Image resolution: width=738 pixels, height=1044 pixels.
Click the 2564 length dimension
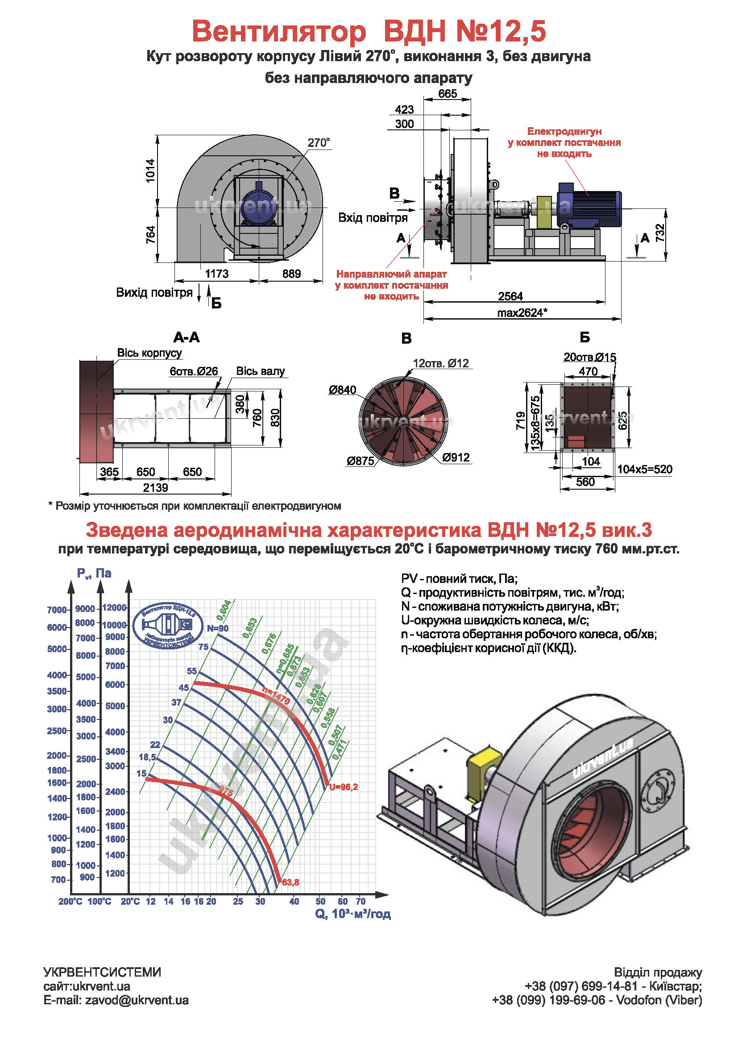tap(510, 296)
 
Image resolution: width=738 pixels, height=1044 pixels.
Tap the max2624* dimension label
tap(522, 313)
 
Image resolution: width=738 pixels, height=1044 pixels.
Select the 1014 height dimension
tap(150, 171)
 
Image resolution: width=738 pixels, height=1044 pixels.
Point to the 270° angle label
tap(319, 143)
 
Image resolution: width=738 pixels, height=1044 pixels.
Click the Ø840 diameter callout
tap(343, 390)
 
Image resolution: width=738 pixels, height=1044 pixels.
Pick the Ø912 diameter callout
tap(456, 458)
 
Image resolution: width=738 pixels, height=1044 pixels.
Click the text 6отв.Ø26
tap(194, 371)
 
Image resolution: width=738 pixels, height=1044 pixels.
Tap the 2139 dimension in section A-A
tap(155, 488)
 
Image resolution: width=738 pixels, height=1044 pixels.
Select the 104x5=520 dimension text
tap(644, 469)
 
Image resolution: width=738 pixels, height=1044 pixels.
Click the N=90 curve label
tap(218, 628)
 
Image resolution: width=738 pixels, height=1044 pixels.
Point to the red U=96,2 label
tap(344, 787)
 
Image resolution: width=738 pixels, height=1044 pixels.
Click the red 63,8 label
tap(290, 882)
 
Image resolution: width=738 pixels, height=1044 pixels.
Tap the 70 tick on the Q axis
tap(361, 901)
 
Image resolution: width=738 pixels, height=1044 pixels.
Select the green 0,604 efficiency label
tap(224, 610)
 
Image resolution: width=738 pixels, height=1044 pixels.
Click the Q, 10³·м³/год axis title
tap(352, 914)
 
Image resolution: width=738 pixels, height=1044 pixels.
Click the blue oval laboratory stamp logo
tap(168, 626)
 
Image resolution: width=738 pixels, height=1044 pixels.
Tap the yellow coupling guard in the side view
tap(544, 212)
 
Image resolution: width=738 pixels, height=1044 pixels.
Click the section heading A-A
tap(187, 337)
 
